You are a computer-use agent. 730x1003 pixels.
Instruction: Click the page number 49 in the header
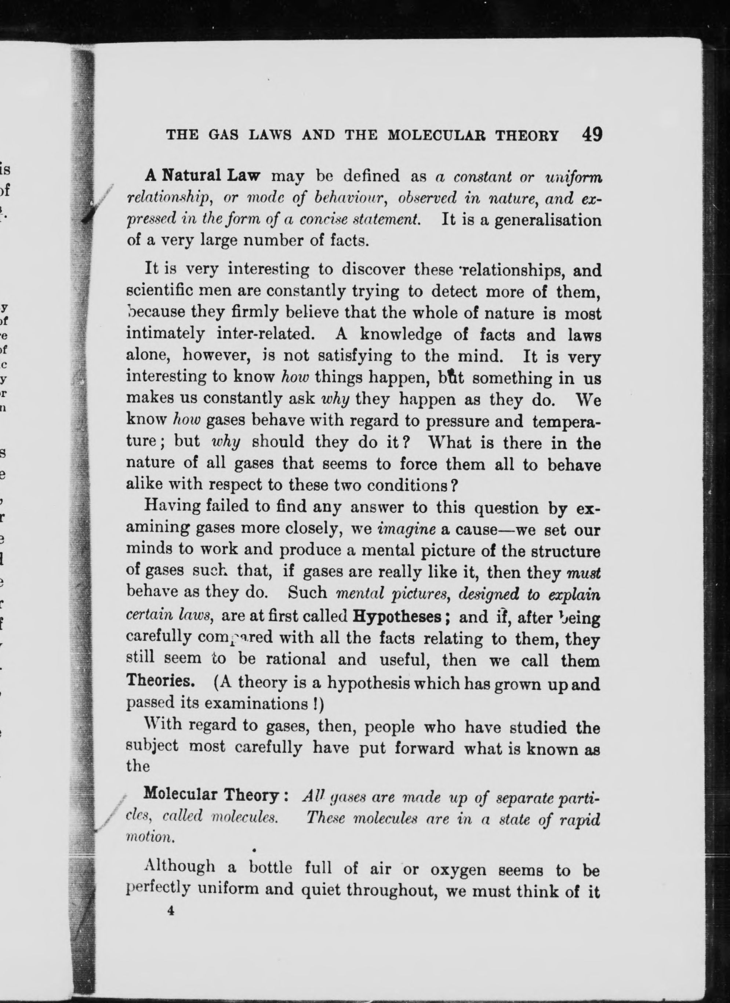point(592,134)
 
